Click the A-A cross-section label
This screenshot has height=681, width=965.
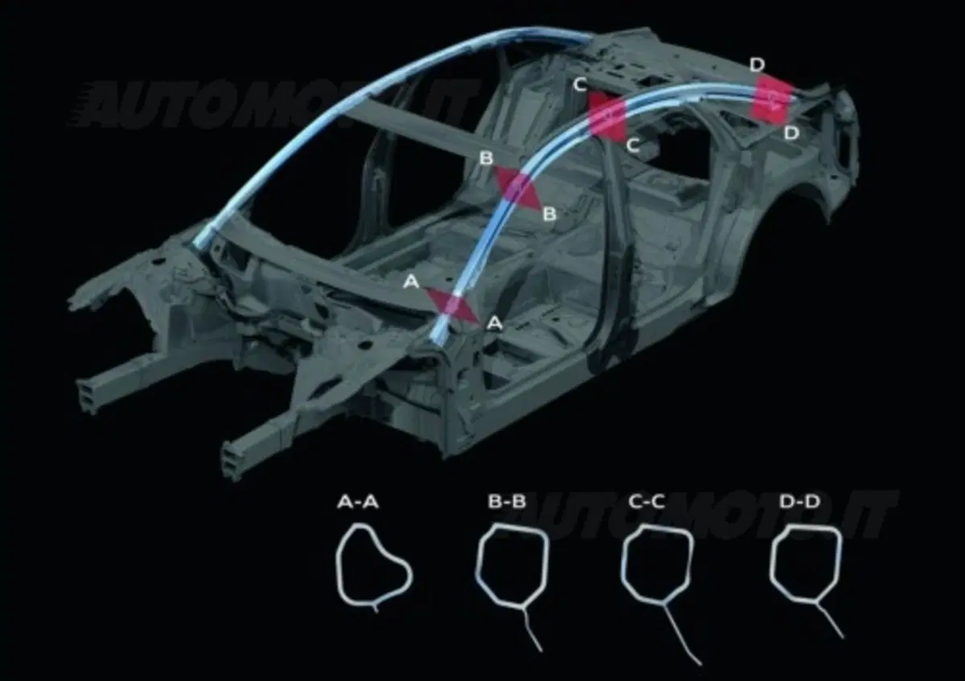358,502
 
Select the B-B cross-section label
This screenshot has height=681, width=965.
507,502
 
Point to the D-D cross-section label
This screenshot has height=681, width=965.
799,502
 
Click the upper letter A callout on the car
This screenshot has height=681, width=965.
411,282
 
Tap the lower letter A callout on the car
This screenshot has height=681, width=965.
494,323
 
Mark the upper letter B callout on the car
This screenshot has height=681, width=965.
486,158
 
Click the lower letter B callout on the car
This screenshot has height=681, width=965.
550,214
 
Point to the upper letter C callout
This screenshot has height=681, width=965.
581,85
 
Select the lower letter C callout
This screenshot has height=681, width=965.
632,146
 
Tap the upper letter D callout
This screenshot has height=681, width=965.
757,65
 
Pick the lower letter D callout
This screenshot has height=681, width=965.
791,133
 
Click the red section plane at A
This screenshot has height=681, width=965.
452,306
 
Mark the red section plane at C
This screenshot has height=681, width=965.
607,117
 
